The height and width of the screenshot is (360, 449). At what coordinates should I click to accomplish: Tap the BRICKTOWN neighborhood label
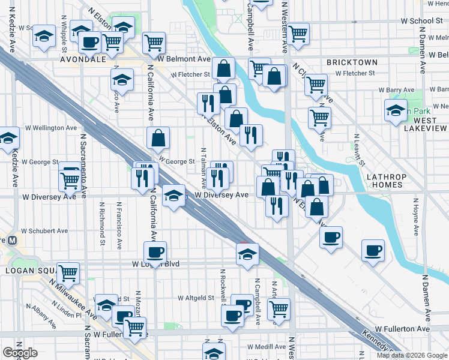click(x=352, y=62)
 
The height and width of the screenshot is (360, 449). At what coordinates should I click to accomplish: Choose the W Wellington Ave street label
click(x=50, y=128)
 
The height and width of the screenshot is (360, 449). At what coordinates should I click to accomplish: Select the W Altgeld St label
click(x=196, y=298)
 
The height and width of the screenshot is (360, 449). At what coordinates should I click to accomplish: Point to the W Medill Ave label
click(x=266, y=346)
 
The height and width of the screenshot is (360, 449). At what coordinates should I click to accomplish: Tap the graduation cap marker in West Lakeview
click(x=396, y=110)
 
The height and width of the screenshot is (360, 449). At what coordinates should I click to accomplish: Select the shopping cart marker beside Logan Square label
click(x=68, y=272)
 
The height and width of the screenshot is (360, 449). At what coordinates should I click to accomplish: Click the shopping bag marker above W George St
click(x=158, y=137)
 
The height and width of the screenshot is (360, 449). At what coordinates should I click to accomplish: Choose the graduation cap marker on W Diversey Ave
click(x=173, y=196)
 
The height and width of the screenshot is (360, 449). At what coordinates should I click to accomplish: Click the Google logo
click(x=20, y=353)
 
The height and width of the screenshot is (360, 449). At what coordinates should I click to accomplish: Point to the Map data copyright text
click(x=412, y=355)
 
